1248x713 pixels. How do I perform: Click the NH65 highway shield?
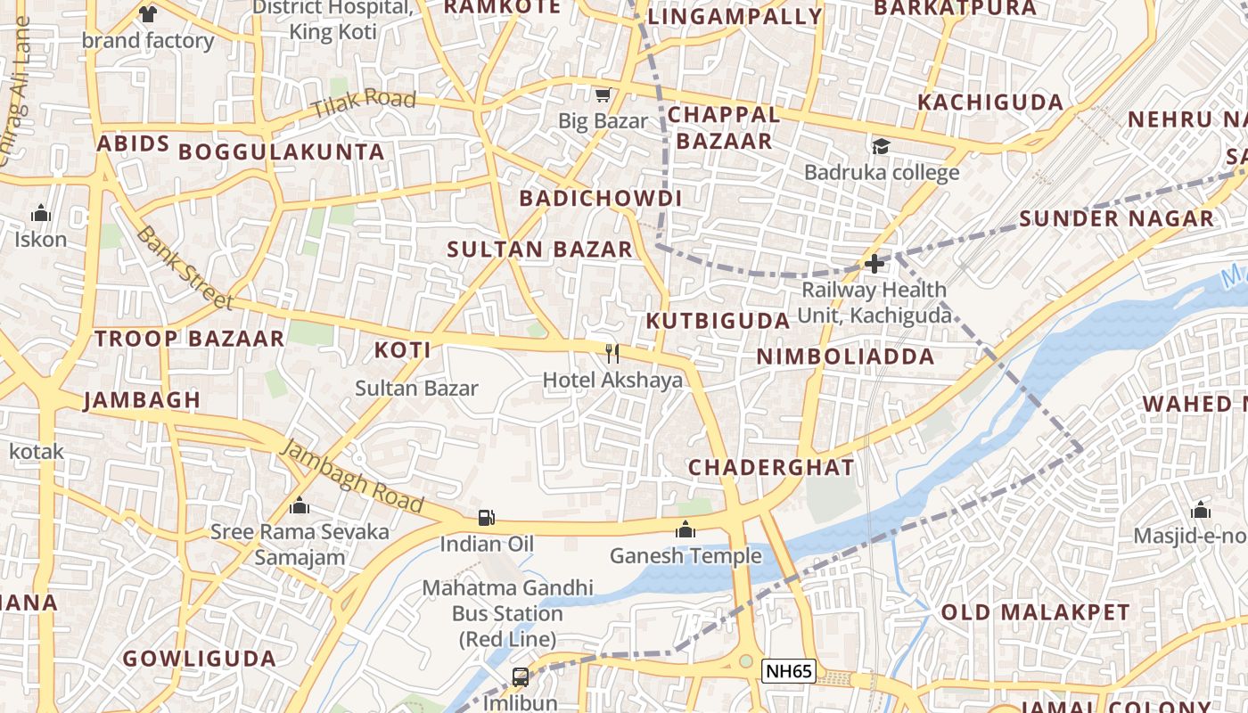789,671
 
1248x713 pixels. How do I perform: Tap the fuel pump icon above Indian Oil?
486,518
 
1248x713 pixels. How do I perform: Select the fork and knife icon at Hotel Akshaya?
612,354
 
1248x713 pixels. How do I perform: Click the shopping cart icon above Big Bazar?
603,94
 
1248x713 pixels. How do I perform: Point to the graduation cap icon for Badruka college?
881,146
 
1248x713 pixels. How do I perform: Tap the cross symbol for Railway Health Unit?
874,264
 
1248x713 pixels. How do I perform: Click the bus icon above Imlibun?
521,676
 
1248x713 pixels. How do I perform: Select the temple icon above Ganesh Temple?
685,529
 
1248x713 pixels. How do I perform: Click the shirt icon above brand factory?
148,14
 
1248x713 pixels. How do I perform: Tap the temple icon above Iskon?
40,213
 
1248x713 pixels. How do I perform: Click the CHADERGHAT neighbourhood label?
771,467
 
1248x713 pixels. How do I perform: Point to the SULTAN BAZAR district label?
539,250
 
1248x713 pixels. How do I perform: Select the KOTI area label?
403,350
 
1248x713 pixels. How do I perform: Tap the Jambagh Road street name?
351,476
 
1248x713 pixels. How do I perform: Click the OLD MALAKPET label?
1035,612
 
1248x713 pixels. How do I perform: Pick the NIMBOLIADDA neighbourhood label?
845,356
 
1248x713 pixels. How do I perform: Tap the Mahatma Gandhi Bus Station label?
507,613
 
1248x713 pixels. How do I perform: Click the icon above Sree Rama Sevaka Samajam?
300,506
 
